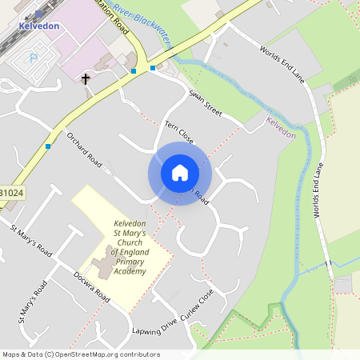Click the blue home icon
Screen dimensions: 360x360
click(x=180, y=172)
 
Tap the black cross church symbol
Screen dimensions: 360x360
click(x=86, y=79)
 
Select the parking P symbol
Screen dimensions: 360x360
click(x=33, y=58)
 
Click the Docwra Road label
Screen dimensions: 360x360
click(x=90, y=285)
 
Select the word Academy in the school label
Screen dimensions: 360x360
click(x=130, y=271)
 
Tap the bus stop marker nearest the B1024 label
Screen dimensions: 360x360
click(x=49, y=146)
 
